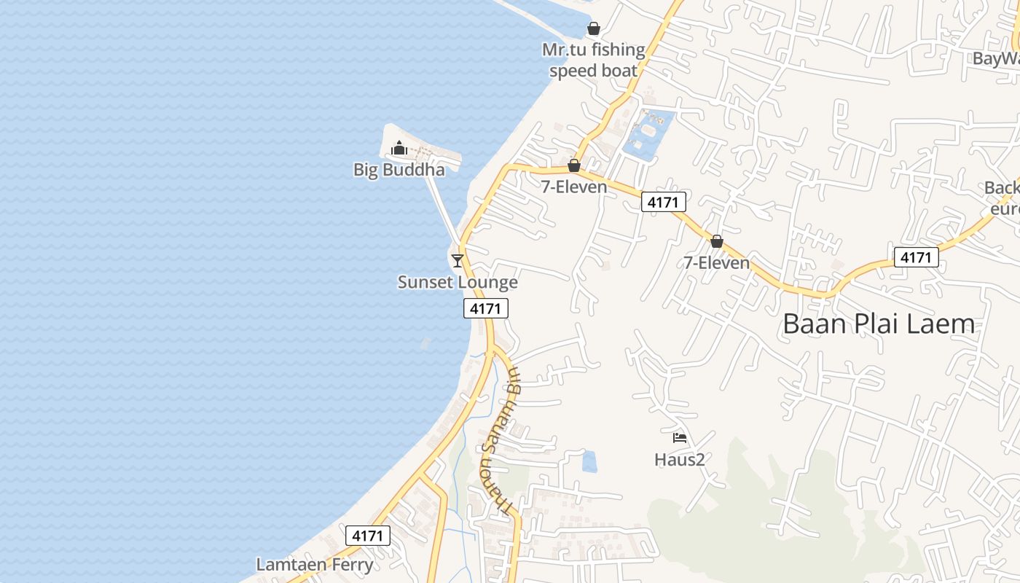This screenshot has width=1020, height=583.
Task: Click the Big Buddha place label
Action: coord(399,170)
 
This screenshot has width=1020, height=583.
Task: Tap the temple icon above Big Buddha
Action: coord(399,149)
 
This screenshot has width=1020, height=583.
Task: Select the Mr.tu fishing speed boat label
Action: coord(594,60)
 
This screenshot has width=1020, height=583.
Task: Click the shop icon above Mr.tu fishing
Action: coord(594,29)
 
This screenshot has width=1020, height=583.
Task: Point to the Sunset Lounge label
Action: coord(458,282)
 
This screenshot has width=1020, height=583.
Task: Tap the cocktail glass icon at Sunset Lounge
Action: coord(458,260)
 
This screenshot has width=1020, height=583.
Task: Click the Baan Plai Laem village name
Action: coord(879,324)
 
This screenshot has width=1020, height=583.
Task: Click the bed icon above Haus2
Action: coord(680,438)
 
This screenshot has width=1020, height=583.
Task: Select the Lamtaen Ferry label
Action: coord(314,565)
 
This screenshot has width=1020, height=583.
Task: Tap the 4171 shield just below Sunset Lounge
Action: coord(486,308)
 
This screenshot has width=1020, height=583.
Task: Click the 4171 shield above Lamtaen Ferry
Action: coord(367,536)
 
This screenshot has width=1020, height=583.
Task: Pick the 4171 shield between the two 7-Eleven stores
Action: coord(663,202)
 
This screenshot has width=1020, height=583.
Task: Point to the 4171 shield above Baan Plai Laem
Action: coord(916,257)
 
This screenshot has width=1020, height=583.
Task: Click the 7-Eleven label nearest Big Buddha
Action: coord(574,187)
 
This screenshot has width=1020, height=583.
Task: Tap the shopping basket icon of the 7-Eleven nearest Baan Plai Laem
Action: coord(717,241)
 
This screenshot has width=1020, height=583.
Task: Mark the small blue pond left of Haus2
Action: coord(589,461)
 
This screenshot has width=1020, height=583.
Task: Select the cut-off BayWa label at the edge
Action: coord(997,58)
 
